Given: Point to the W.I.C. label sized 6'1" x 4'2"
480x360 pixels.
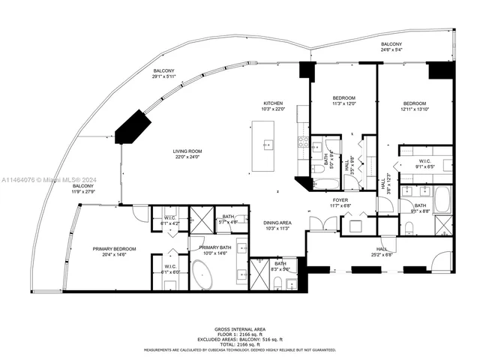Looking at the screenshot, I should tap(169, 220).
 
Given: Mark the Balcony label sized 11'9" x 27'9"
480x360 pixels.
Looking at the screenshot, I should tap(83, 187).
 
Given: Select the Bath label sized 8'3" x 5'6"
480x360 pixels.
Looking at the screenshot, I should tap(280, 265).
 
